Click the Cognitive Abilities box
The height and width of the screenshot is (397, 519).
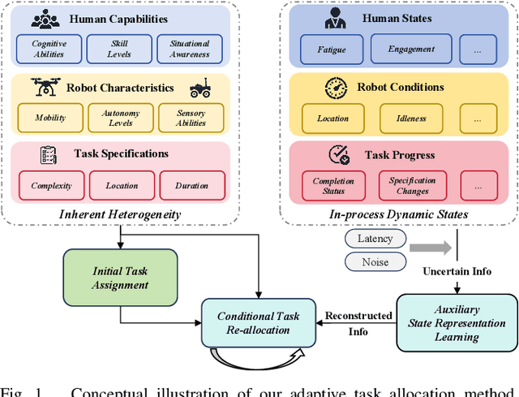pos(49,49)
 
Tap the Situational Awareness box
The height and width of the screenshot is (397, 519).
pos(189,49)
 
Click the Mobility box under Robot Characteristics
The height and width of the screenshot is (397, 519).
pos(49,117)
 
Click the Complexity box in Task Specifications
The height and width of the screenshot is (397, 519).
pos(52,185)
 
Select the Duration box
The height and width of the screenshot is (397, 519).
pos(191,185)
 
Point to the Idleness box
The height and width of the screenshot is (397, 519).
pos(411,118)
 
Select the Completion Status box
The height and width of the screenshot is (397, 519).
pos(333,186)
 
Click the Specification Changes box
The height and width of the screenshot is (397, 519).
pos(412,186)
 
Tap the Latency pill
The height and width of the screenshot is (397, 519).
pos(375,239)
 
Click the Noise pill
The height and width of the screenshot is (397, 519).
pos(375,261)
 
